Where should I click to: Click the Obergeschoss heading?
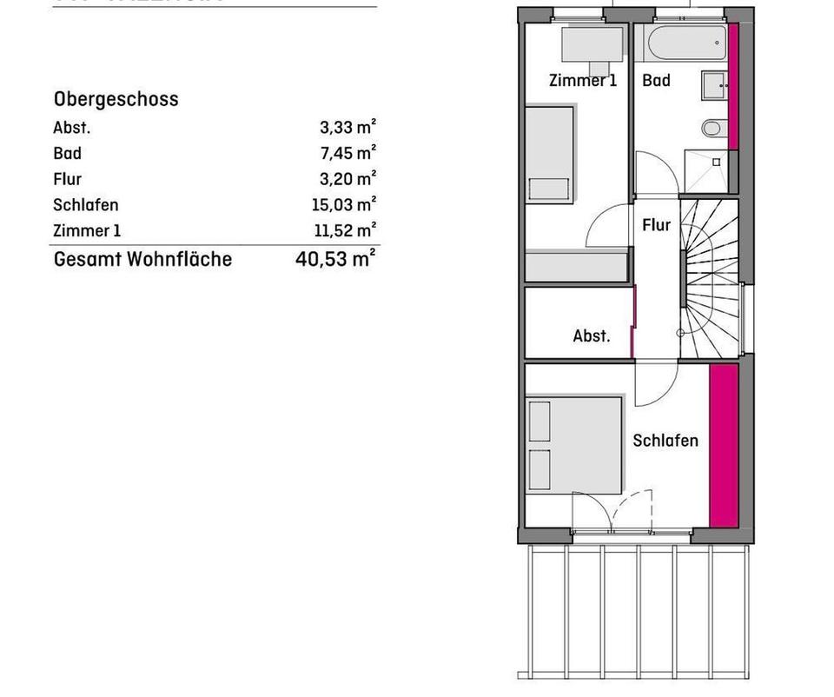pyautogui.click(x=116, y=99)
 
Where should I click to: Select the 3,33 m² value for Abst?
pyautogui.click(x=347, y=128)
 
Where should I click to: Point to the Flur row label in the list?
pyautogui.click(x=68, y=179)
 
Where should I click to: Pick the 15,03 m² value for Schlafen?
pyautogui.click(x=343, y=205)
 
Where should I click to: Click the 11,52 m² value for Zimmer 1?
pyautogui.click(x=344, y=230)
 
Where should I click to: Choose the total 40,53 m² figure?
pyautogui.click(x=335, y=258)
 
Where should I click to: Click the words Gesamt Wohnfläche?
pyautogui.click(x=142, y=259)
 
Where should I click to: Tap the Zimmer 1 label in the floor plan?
pyautogui.click(x=582, y=81)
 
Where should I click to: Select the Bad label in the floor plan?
pyautogui.click(x=656, y=81)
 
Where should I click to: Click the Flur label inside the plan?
pyautogui.click(x=656, y=225)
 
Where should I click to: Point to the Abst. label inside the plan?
pyautogui.click(x=591, y=335)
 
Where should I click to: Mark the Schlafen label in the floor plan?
pyautogui.click(x=665, y=441)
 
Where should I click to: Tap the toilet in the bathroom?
pyautogui.click(x=712, y=129)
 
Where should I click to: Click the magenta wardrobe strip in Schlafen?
pyautogui.click(x=723, y=445)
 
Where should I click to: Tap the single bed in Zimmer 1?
pyautogui.click(x=550, y=155)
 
